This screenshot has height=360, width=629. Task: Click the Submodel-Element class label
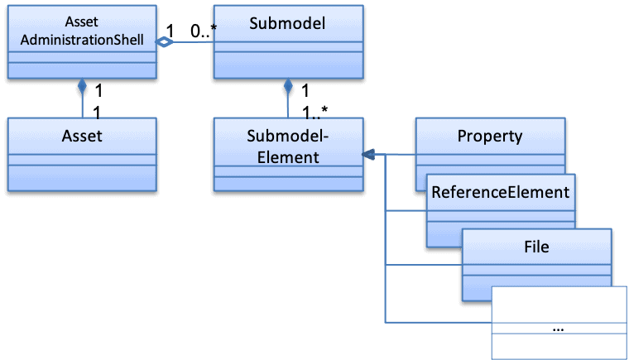click(x=287, y=145)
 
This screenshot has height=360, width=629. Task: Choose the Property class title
click(x=490, y=136)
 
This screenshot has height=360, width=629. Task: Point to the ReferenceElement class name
click(x=502, y=193)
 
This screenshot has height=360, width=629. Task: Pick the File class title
click(x=536, y=246)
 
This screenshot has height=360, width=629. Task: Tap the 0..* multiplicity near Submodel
click(x=201, y=31)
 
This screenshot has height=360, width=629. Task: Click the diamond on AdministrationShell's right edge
click(x=165, y=42)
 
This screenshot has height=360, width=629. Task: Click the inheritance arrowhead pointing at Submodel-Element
click(x=368, y=154)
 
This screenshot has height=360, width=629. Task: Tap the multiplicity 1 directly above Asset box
click(x=97, y=109)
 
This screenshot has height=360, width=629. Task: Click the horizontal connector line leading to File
click(x=422, y=266)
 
